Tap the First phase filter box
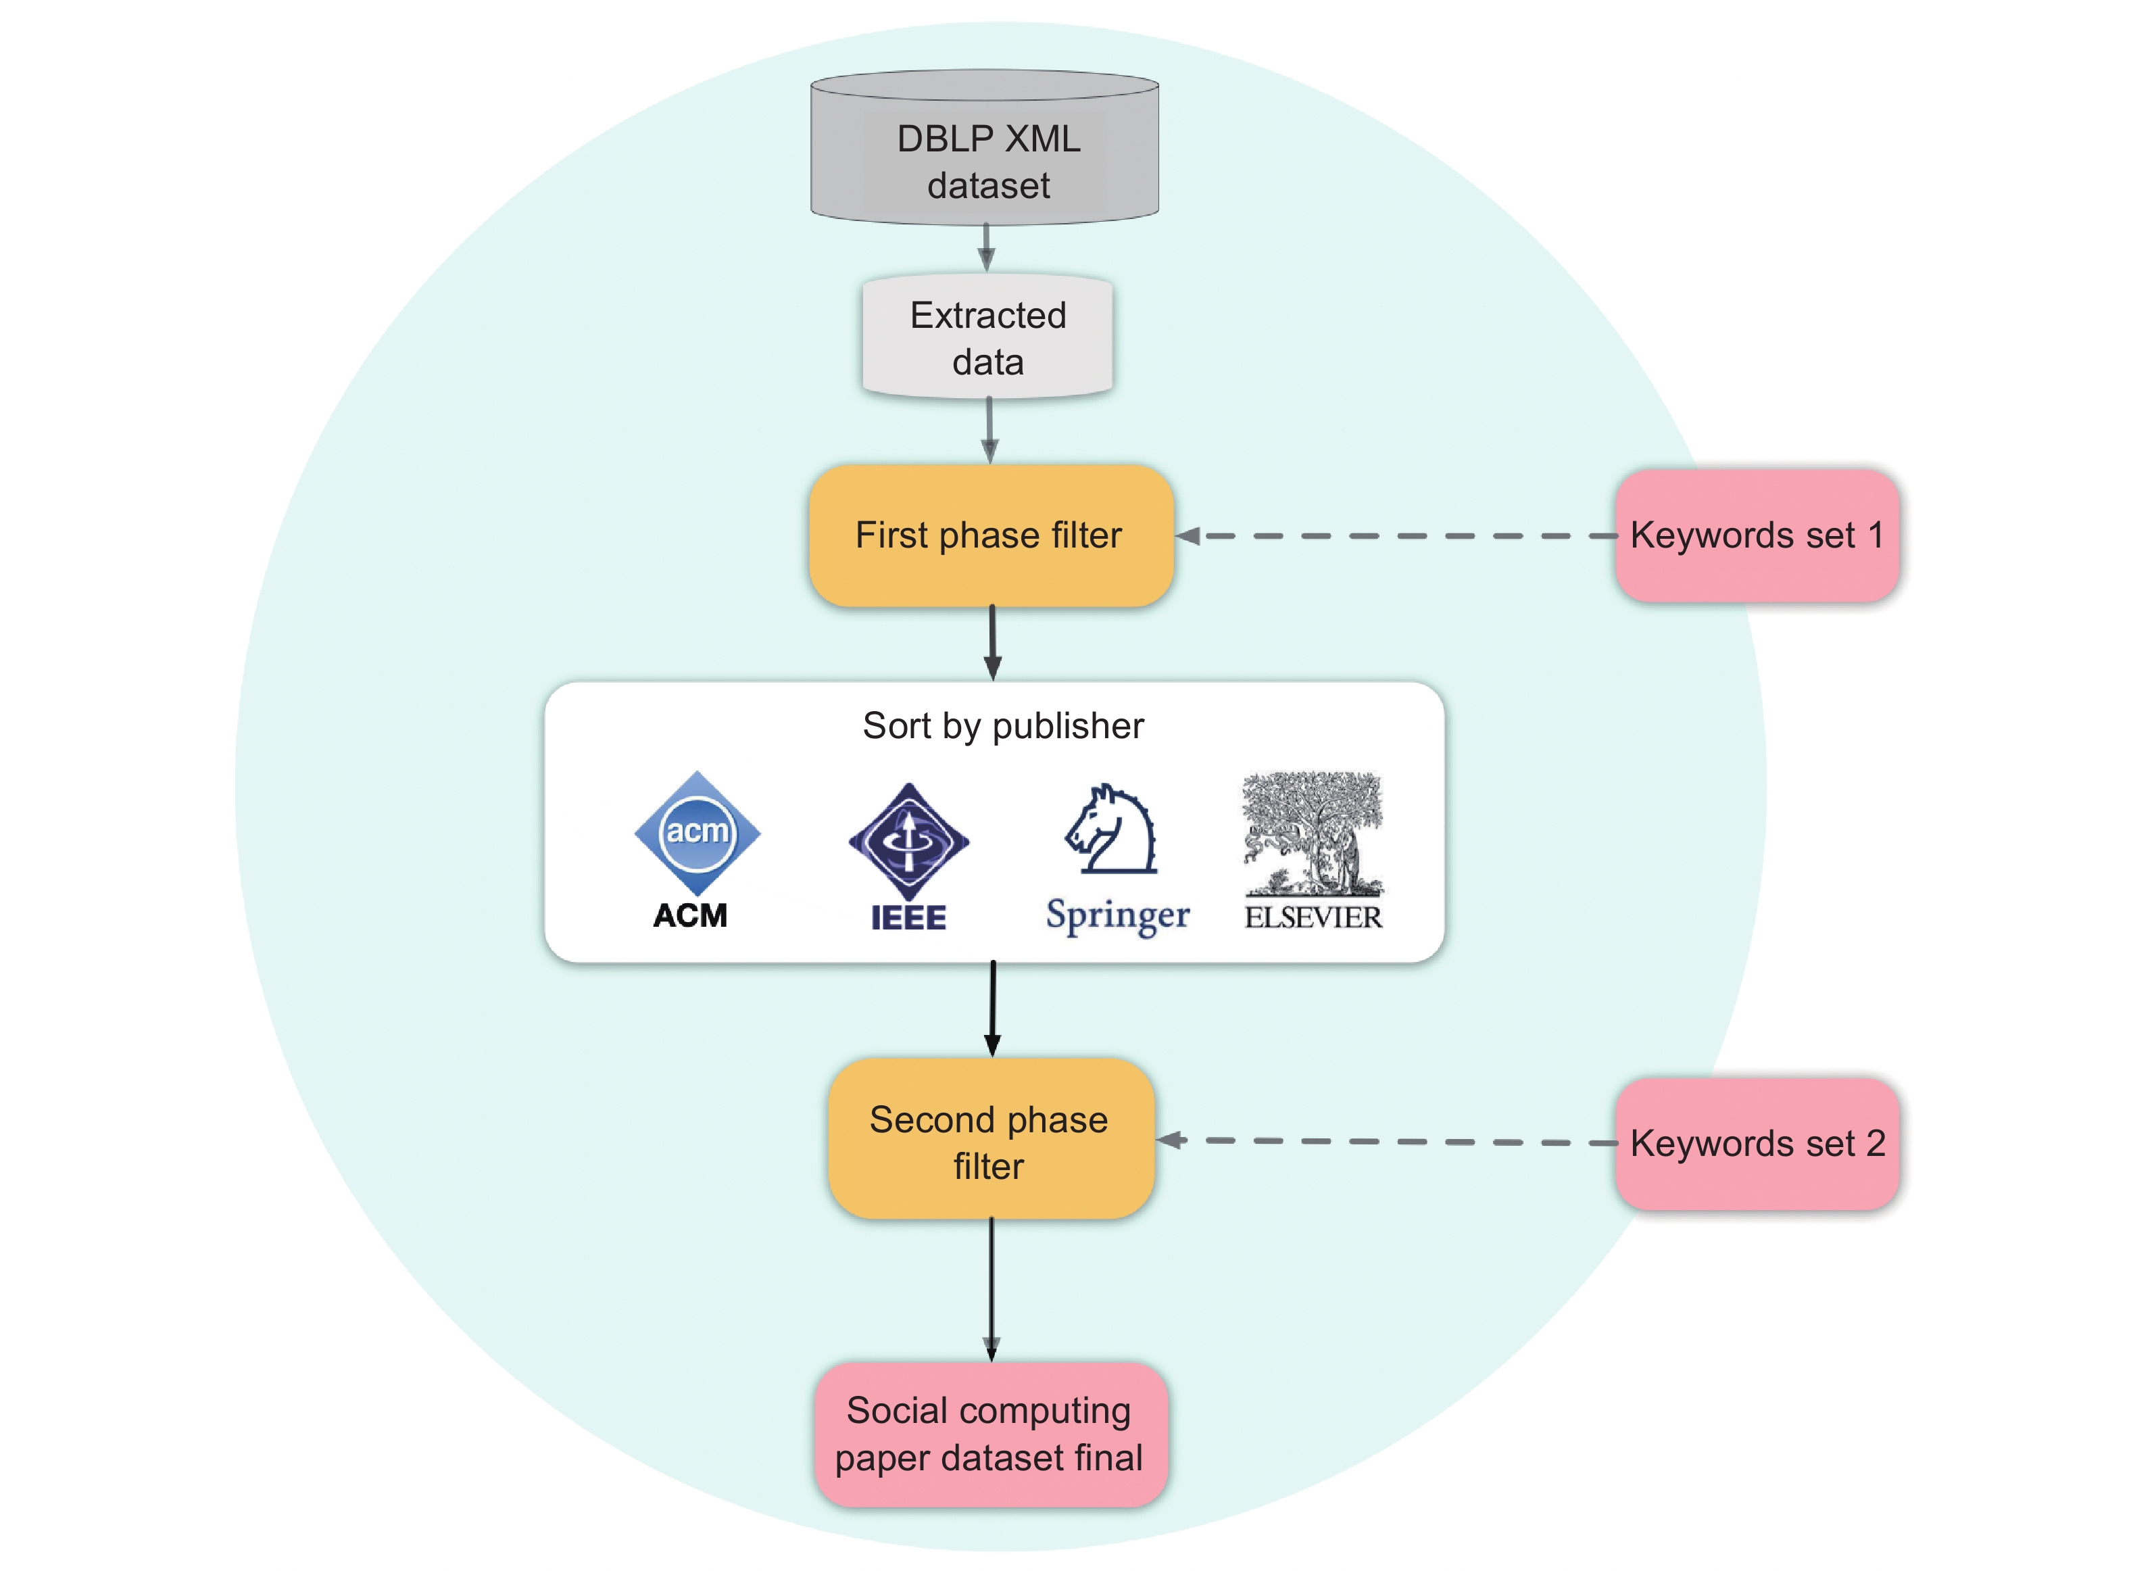point(990,535)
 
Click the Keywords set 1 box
point(1757,535)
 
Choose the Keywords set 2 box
point(1757,1144)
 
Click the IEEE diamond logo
point(908,841)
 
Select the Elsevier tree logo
point(1312,833)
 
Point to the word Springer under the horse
point(1117,915)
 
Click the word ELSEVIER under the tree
point(1313,918)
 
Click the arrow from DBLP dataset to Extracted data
point(986,248)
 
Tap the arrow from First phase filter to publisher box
point(993,643)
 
